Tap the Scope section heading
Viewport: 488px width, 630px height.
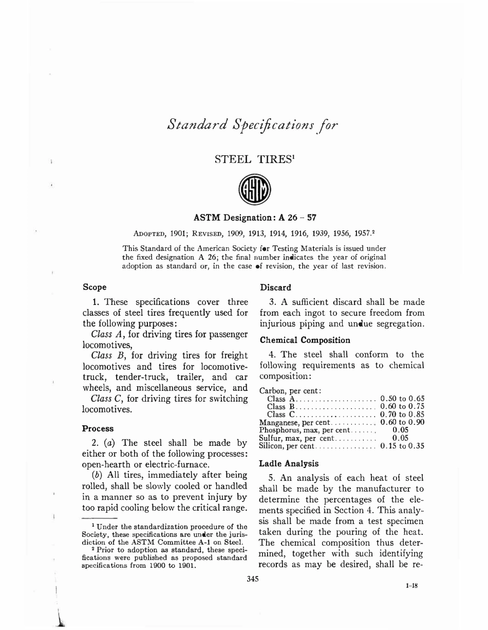click(95, 287)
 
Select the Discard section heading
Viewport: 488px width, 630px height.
click(275, 287)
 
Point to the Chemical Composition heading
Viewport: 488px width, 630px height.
click(305, 340)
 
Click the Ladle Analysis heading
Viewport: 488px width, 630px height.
click(289, 463)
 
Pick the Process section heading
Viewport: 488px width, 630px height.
click(98, 428)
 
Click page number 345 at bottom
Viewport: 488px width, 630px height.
click(252, 579)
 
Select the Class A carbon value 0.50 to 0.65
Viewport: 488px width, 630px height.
click(402, 399)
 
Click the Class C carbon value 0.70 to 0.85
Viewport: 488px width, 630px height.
click(402, 415)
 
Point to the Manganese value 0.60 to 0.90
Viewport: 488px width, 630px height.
click(402, 422)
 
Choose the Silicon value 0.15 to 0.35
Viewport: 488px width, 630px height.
click(402, 446)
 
